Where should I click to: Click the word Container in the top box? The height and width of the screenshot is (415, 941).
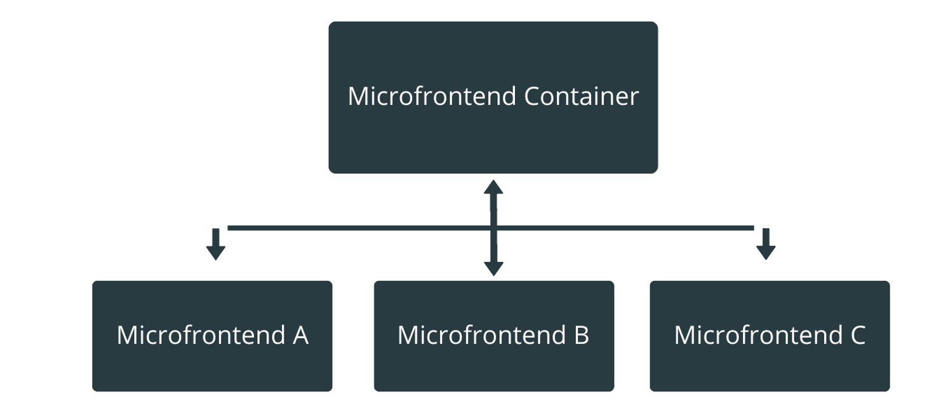pos(581,97)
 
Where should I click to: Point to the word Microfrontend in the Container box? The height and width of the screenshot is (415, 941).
pos(432,97)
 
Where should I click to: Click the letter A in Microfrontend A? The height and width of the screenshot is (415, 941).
pos(300,335)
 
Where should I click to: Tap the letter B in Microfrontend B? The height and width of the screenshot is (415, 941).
pos(581,335)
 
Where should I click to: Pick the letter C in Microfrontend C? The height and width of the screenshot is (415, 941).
pos(857,335)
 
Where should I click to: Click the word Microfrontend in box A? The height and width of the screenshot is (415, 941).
pos(200,335)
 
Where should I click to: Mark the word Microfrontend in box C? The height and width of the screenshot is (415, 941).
pos(757,335)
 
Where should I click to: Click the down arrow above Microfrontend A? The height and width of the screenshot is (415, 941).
pos(216,245)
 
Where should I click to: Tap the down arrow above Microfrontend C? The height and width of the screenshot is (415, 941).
pos(766,245)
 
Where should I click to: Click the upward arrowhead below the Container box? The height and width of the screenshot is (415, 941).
pos(493,187)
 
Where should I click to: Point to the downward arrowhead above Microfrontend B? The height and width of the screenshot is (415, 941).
pos(493,268)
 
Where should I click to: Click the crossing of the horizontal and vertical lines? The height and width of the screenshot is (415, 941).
pos(493,228)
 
